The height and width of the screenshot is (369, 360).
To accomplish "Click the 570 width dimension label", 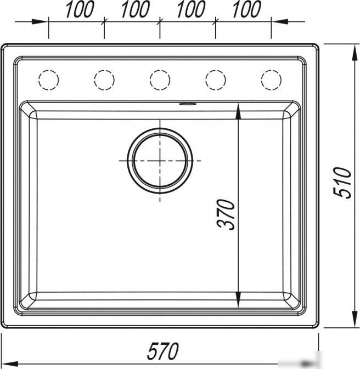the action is click(x=162, y=351).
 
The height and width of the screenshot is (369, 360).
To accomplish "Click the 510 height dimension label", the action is click(x=342, y=183).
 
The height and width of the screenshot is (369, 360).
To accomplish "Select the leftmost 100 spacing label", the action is click(x=80, y=9).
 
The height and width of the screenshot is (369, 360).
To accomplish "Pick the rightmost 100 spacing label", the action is click(x=246, y=9).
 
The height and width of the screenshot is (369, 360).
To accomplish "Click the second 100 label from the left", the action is click(x=135, y=9).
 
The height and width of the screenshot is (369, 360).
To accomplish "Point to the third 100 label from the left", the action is click(x=191, y=9).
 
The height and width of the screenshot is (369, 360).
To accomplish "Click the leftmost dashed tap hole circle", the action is click(x=48, y=80).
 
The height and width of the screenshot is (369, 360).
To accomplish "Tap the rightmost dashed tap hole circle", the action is click(x=271, y=80).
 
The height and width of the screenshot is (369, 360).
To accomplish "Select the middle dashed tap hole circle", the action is click(x=160, y=80).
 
